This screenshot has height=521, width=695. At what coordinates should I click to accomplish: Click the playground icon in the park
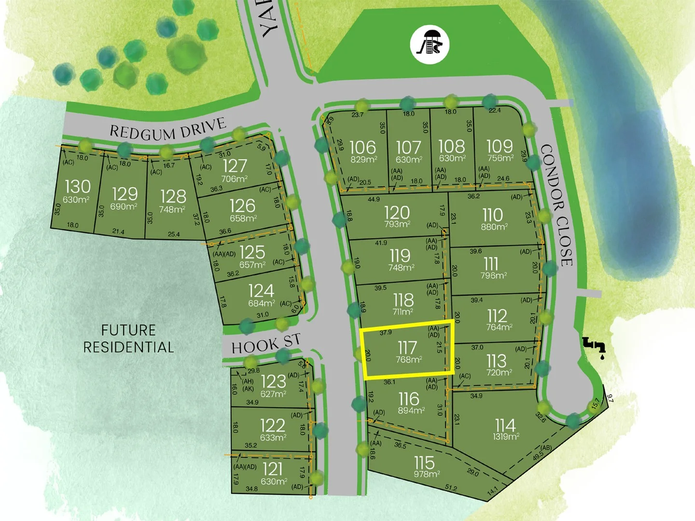430,44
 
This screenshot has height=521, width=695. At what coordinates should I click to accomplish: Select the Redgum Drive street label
167,129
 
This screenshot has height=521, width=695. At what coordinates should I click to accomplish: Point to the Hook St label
265,343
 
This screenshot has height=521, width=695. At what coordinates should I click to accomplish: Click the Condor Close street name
557,205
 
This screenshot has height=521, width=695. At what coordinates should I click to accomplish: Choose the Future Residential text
128,339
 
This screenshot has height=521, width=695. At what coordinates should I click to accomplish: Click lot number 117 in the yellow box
407,347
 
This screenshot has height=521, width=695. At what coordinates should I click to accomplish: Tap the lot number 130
77,187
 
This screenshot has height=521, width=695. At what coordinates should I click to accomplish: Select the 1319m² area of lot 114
506,437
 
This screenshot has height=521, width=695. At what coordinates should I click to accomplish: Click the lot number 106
362,147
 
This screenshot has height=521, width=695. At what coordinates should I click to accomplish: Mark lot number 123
273,382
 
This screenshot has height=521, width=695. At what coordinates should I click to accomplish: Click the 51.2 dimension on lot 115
451,488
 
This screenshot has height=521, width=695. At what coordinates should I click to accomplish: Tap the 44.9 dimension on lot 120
374,199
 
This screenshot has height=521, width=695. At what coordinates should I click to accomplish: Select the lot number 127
235,166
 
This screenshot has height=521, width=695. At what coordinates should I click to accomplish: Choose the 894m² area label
411,411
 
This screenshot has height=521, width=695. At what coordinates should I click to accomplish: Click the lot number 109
500,146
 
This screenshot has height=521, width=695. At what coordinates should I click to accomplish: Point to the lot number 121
272,469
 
